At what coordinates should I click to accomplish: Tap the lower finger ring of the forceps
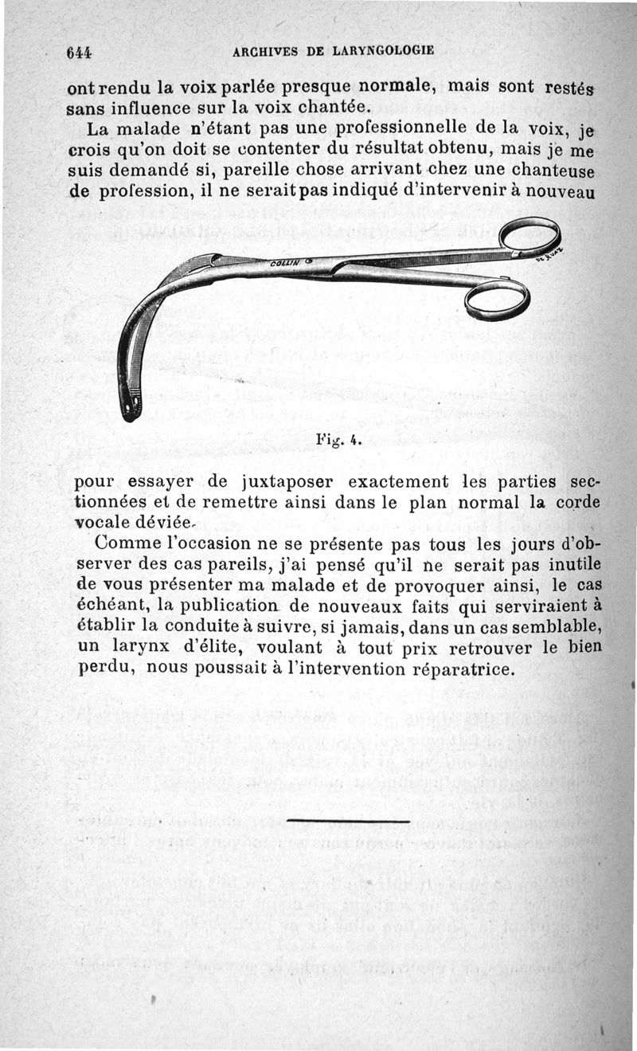497,298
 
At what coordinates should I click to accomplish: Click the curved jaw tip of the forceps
130,406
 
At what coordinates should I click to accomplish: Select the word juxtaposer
275,483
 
